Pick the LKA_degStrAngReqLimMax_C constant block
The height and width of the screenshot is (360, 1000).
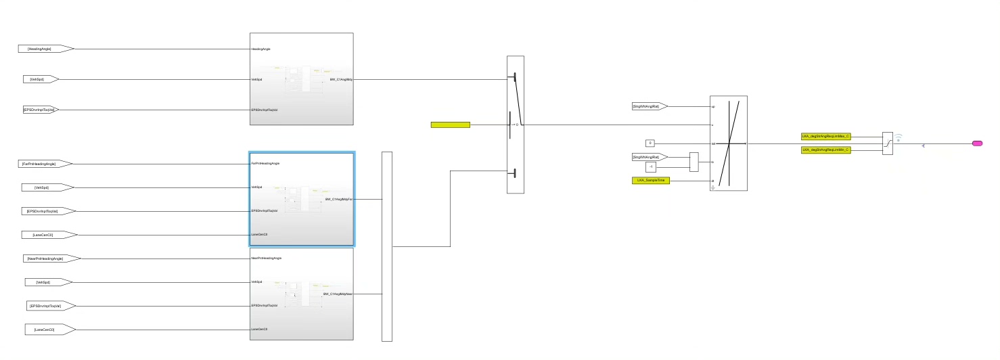coord(825,136)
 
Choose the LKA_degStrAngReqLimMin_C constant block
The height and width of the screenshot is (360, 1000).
coord(825,149)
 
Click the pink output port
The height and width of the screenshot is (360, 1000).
coord(977,143)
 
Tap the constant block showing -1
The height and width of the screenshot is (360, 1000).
coord(651,166)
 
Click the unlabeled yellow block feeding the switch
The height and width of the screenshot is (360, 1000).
coord(450,125)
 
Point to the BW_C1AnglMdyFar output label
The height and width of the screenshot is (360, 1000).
coord(338,200)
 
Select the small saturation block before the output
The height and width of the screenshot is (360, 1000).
coord(887,143)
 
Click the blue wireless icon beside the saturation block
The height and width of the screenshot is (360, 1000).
coord(899,138)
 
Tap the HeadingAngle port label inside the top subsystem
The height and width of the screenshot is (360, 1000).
coord(261,49)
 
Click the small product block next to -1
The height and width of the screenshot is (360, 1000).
coord(694,162)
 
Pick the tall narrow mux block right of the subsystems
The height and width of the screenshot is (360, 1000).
coord(387,246)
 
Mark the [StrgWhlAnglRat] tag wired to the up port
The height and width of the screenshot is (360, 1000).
coord(649,106)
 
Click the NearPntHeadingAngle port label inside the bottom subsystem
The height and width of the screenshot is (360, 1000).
coord(266,258)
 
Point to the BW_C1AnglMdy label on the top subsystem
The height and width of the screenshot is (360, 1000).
coord(340,79)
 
